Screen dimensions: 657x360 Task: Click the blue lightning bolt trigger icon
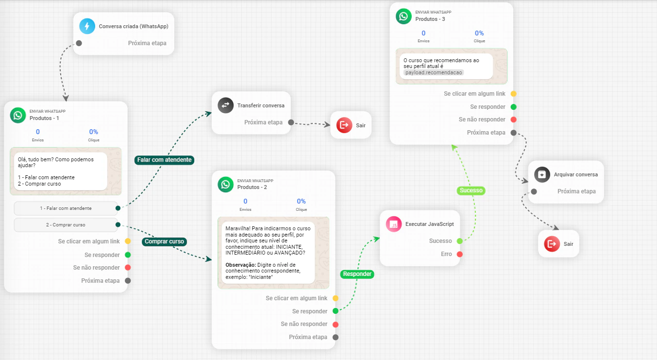[87, 26]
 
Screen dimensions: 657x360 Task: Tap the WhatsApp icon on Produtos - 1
[18, 115]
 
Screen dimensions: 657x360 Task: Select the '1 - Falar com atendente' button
[66, 208]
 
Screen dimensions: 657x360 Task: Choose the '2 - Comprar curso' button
[66, 225]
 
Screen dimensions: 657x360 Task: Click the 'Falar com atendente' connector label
[164, 160]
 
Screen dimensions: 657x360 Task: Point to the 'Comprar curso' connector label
[164, 241]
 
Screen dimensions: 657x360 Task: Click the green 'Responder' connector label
[357, 274]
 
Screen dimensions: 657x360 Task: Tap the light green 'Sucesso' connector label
[471, 190]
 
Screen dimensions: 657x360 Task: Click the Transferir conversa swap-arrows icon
[225, 105]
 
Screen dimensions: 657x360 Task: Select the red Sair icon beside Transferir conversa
[344, 125]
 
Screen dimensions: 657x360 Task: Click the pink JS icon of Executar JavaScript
[394, 224]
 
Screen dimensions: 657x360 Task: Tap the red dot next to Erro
[459, 254]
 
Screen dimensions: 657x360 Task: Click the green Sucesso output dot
[459, 241]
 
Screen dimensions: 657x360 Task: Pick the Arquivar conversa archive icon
[542, 174]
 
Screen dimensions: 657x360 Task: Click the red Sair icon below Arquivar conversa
[552, 244]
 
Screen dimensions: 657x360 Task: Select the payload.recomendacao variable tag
[434, 72]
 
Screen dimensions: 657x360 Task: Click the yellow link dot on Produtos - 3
[513, 94]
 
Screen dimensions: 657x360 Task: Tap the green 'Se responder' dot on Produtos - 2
[336, 311]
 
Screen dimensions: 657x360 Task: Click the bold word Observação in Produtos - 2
[240, 265]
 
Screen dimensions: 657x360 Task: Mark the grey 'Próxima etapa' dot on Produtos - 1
[128, 281]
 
